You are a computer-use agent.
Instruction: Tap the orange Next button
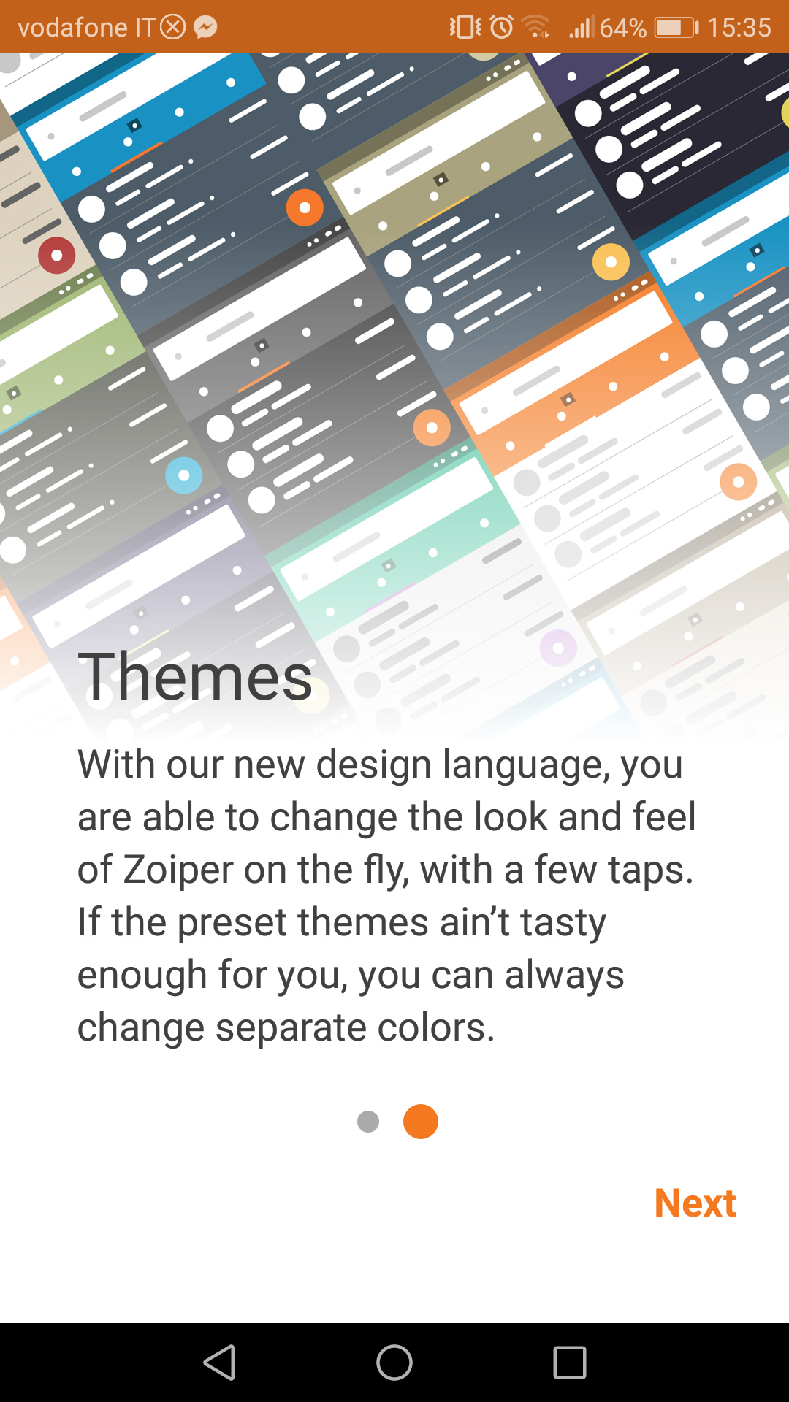click(x=695, y=1203)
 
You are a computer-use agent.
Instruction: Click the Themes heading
click(x=196, y=676)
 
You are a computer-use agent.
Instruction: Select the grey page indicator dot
click(x=368, y=1122)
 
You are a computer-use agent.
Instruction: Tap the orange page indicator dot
click(x=421, y=1122)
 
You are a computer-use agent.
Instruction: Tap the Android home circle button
click(x=394, y=1363)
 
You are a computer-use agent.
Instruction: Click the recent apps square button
click(x=570, y=1363)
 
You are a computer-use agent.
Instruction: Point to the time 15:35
click(x=739, y=28)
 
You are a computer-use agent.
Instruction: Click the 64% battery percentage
click(x=623, y=28)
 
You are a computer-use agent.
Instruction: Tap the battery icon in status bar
click(x=676, y=28)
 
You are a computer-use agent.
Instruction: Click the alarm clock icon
click(x=501, y=27)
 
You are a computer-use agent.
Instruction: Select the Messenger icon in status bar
click(x=205, y=28)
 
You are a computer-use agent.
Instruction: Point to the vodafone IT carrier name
click(x=86, y=28)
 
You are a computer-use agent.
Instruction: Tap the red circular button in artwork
click(x=56, y=256)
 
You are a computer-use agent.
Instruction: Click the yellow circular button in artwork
click(x=611, y=261)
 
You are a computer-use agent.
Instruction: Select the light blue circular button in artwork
click(x=184, y=475)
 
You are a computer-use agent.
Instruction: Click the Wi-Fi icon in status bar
click(x=537, y=28)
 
